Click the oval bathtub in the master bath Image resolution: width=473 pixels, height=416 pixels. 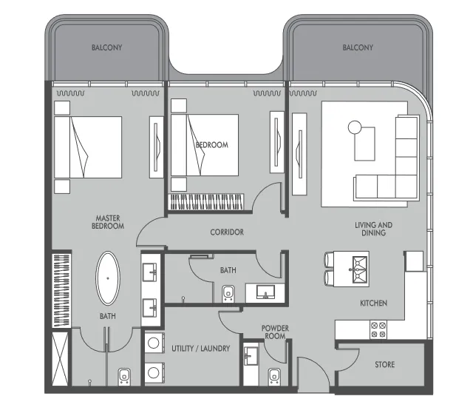[108, 278]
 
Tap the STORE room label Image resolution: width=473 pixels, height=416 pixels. [384, 364]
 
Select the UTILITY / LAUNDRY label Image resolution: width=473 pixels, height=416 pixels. [200, 349]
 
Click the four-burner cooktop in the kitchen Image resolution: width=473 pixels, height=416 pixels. [378, 329]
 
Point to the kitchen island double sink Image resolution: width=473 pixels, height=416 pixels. [360, 269]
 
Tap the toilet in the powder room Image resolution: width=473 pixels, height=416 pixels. [274, 377]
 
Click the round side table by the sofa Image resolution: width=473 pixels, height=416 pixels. [355, 127]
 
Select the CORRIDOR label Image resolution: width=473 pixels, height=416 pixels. [227, 232]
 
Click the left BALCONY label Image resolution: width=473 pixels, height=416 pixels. [106, 47]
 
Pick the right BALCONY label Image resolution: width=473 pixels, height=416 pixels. [358, 47]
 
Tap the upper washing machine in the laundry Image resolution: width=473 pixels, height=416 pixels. [154, 343]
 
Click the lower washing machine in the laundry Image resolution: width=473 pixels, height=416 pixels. [154, 373]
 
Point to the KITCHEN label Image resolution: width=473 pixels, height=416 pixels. [373, 303]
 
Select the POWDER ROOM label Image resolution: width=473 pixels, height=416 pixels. [275, 332]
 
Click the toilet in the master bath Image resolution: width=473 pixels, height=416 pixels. [124, 377]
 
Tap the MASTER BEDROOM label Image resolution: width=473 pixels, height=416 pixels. [108, 222]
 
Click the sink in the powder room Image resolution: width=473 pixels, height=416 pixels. [251, 355]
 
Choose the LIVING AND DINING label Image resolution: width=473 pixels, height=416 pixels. [373, 229]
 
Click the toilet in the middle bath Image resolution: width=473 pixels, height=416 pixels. [228, 294]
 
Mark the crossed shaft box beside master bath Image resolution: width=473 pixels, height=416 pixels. [60, 359]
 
